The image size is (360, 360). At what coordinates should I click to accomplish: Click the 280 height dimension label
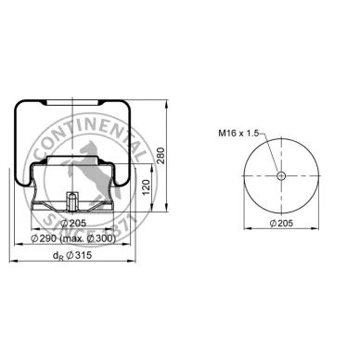pos(161,156)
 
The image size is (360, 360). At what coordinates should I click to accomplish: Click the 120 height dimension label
pos(146,187)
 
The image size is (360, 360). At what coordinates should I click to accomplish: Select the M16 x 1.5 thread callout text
pos(238,134)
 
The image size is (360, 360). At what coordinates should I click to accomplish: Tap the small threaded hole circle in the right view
pos(281,176)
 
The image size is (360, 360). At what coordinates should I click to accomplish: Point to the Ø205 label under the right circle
pos(281,223)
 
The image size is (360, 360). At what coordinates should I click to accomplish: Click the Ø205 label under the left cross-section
pos(73,223)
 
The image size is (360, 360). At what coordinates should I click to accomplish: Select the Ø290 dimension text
pos(45,238)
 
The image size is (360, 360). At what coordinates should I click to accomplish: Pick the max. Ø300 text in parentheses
pos(87,238)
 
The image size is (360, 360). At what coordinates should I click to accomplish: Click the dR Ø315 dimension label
pos(72,255)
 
